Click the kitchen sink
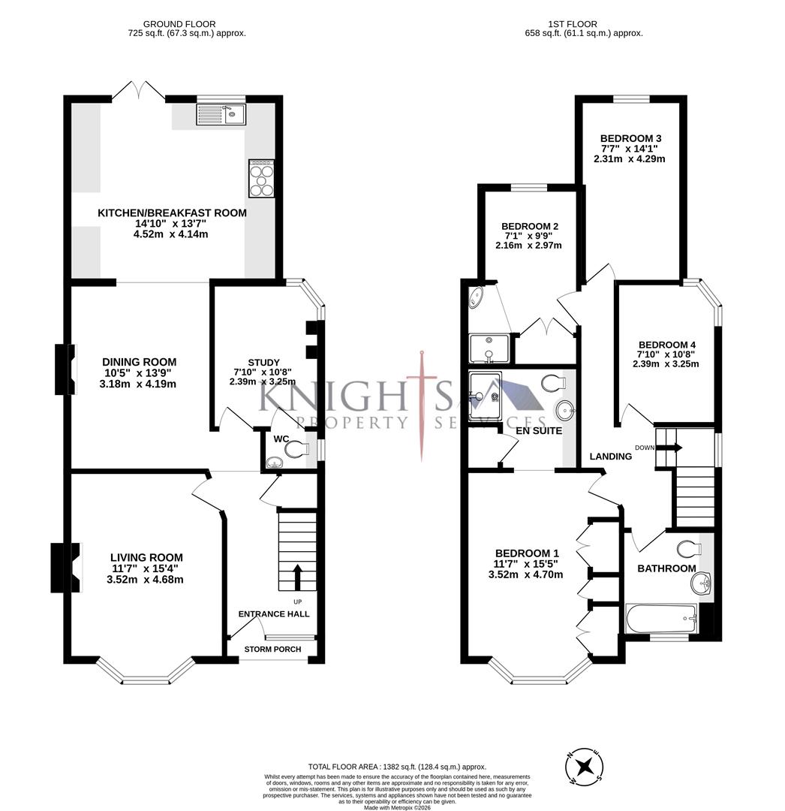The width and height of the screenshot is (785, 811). (221, 115)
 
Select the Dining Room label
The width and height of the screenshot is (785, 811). (140, 362)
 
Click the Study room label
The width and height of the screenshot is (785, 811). (263, 362)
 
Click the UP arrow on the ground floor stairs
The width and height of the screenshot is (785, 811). (297, 577)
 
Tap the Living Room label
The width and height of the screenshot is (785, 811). (146, 557)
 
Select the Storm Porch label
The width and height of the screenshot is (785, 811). (273, 650)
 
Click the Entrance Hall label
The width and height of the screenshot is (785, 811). (274, 614)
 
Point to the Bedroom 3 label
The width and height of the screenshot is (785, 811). (630, 138)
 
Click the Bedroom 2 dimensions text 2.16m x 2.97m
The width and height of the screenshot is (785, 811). (528, 246)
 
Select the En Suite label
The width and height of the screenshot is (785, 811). (539, 430)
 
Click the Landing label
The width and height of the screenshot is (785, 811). (609, 456)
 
